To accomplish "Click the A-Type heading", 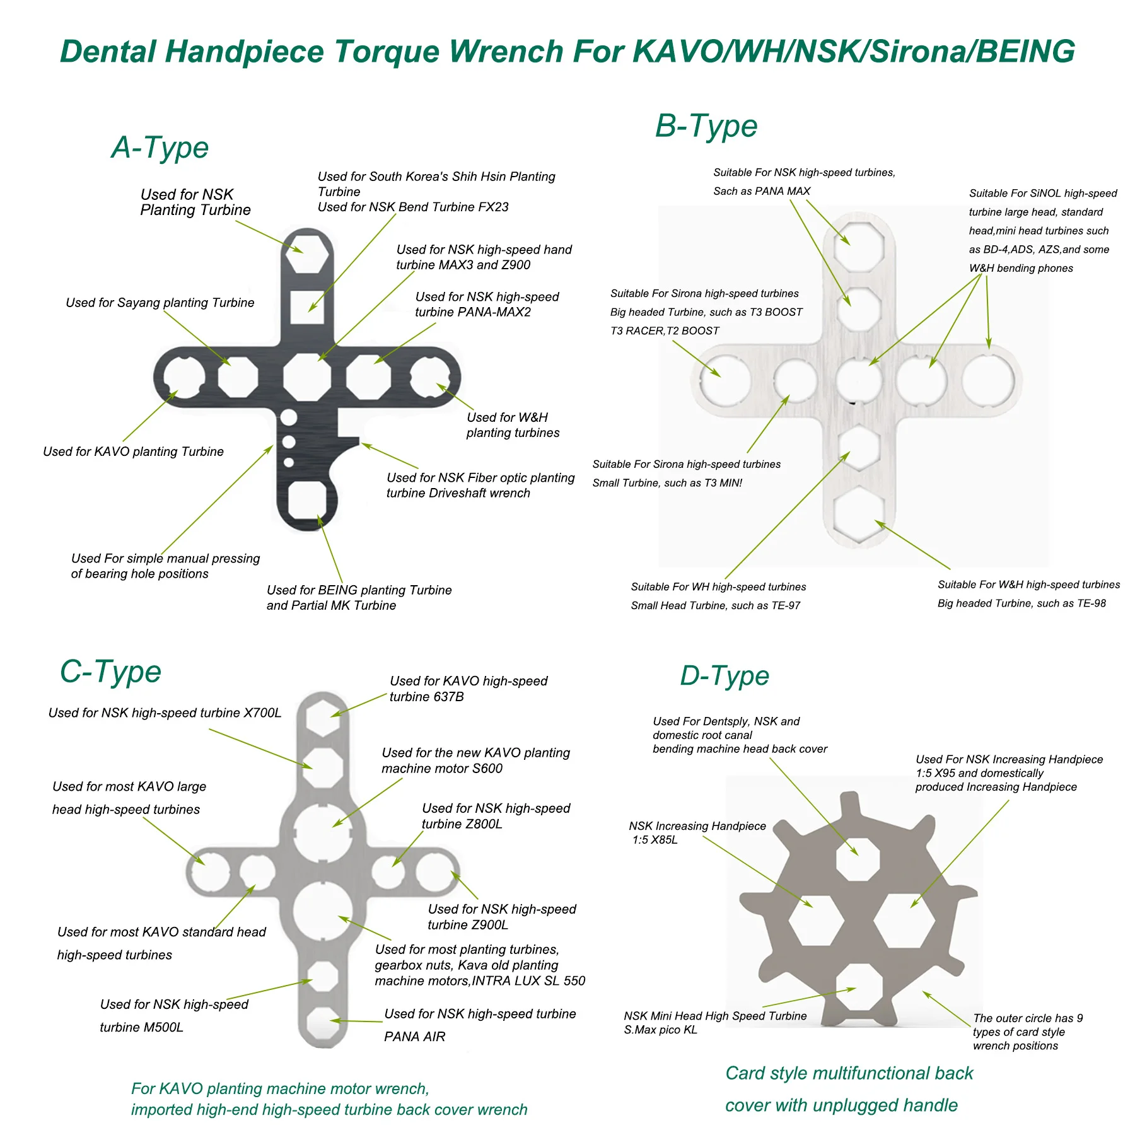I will [x=160, y=148].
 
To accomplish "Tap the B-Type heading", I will [x=706, y=126].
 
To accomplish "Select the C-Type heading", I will [x=110, y=672].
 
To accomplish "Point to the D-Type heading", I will [x=725, y=676].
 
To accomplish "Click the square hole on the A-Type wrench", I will [x=307, y=308].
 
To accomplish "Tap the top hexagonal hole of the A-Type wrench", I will [x=307, y=254].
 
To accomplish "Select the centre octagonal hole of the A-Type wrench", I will [x=307, y=377].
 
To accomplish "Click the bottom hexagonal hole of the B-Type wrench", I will [x=858, y=515].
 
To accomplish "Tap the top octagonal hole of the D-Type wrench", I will [x=858, y=859].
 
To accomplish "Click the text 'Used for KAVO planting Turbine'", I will [x=133, y=451].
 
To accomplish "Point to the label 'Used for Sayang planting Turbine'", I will [x=160, y=303].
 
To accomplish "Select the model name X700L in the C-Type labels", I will [x=262, y=713].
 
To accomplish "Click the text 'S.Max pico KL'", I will [x=660, y=1030].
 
